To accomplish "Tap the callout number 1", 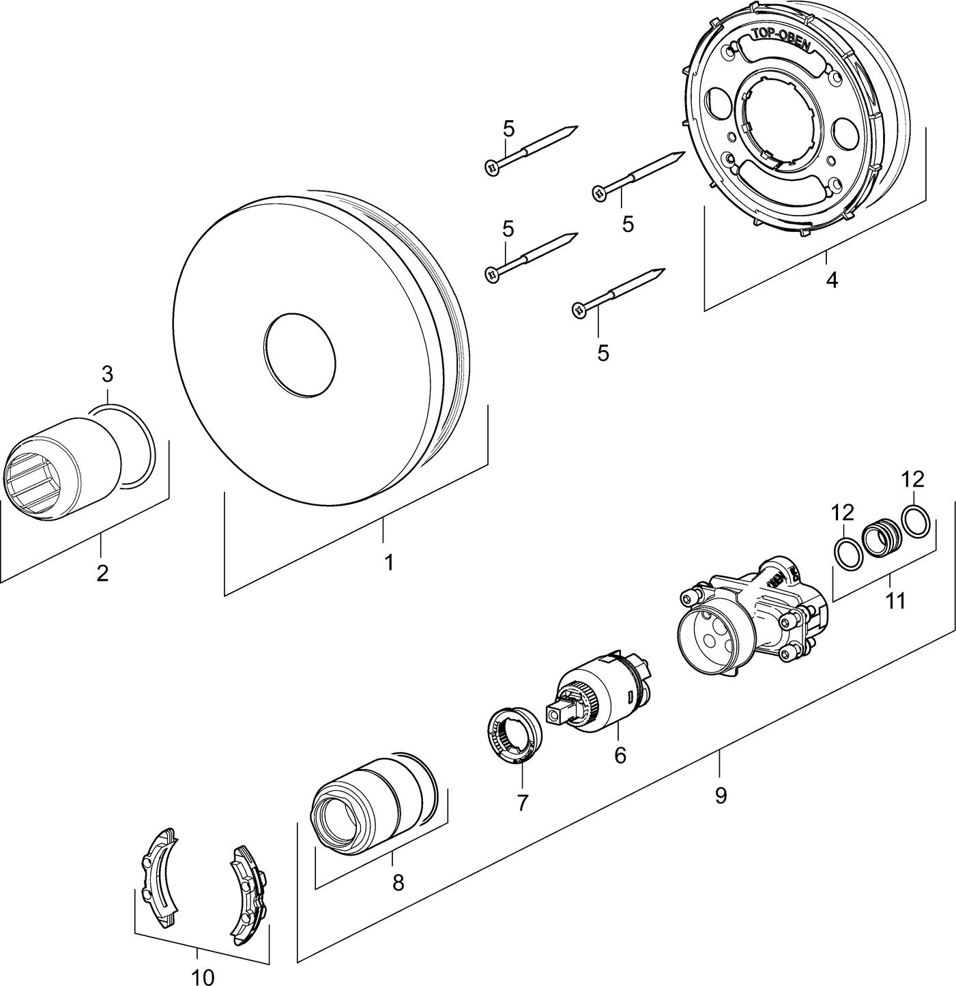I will tap(388, 563).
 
